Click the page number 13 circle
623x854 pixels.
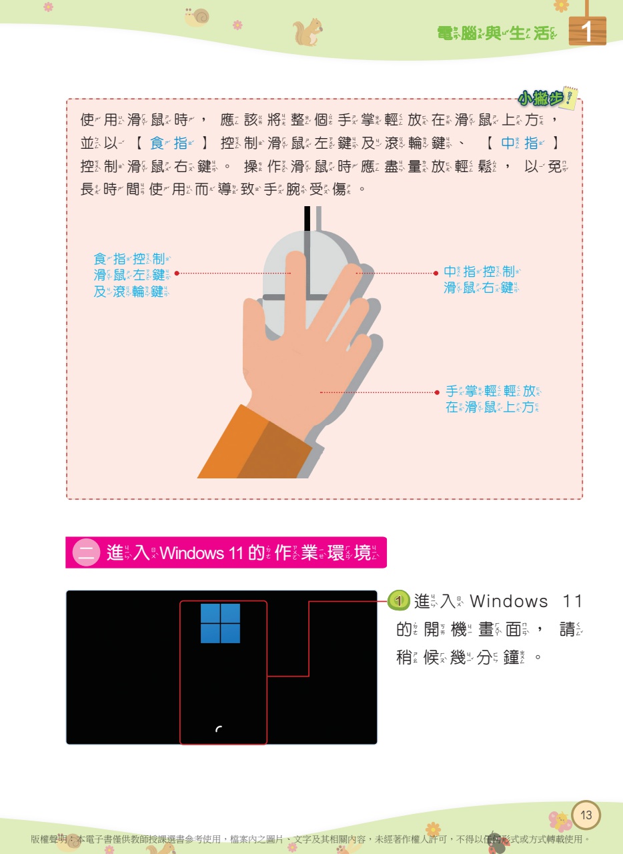coord(586,815)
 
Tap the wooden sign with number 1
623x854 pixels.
coord(587,30)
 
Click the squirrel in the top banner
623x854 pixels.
coord(307,32)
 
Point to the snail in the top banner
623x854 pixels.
coord(197,17)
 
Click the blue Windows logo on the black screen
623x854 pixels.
coord(220,623)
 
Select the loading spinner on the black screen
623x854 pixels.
coord(219,729)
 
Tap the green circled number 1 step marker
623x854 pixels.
coord(398,601)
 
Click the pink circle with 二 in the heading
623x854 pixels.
coord(86,552)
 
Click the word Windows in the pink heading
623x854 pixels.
coord(192,553)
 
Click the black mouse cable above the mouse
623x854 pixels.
coord(307,218)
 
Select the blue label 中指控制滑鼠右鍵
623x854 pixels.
coord(482,280)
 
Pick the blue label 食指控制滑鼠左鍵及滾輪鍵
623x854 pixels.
coord(132,275)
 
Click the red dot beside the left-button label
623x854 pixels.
coord(177,273)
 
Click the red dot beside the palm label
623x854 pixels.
coord(437,392)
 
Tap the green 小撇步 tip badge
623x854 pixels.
coord(547,97)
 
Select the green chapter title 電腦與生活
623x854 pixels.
coord(497,33)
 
